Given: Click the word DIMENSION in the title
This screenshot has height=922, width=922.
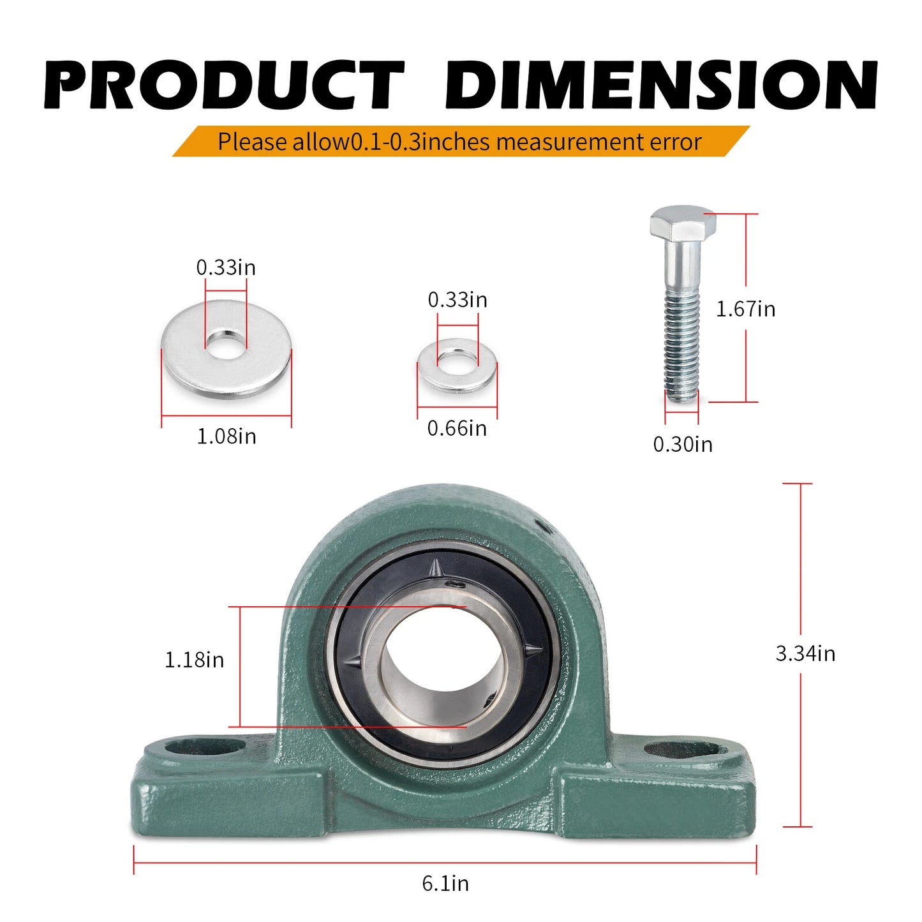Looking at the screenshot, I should [660, 85].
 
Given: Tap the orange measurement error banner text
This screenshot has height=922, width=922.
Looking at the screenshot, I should [459, 141].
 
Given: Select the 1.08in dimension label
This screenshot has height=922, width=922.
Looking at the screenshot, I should [227, 436].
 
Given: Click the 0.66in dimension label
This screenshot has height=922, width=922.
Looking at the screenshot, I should [457, 428].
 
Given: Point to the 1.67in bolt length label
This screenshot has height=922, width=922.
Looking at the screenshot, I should [745, 309].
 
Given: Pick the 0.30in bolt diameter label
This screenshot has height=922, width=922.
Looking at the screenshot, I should [683, 444].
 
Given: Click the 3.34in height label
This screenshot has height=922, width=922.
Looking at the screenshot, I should [805, 653].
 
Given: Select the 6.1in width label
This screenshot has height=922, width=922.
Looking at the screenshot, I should [445, 883].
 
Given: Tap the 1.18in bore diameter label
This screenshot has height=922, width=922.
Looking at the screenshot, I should [195, 660].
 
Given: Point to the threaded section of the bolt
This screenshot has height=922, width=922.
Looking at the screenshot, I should [682, 348].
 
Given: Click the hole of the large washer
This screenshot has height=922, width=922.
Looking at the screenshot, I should [225, 341].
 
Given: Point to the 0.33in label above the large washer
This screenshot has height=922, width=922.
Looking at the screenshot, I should [226, 267].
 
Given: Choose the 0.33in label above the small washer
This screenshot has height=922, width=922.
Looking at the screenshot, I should [457, 300].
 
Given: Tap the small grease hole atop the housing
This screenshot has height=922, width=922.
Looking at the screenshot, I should [544, 526].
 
